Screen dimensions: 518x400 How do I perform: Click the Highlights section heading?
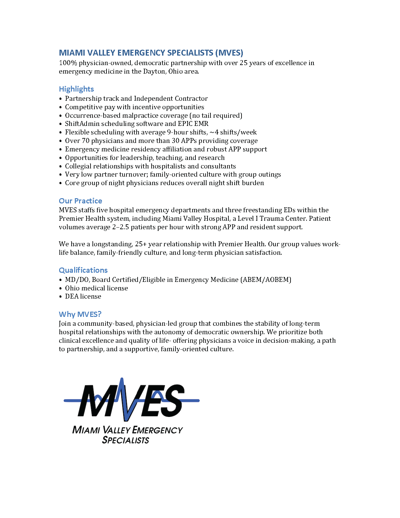click(x=76, y=89)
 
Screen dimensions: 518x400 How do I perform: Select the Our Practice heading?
click(x=80, y=201)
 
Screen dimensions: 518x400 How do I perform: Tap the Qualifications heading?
click(x=83, y=270)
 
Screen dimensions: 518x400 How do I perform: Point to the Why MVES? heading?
click(x=80, y=314)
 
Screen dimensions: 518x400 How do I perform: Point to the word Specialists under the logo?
click(x=125, y=440)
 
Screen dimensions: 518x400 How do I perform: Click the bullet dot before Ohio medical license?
click(x=60, y=288)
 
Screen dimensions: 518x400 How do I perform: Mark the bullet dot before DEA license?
click(x=60, y=297)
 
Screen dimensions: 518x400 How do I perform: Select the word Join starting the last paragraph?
click(x=65, y=323)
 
